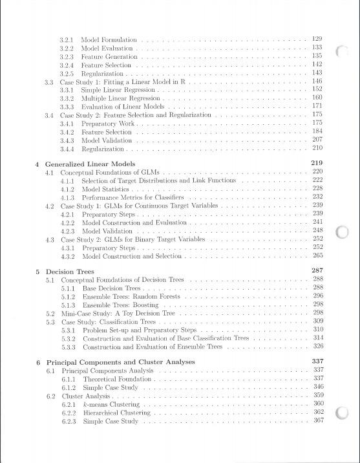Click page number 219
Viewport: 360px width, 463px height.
[316, 162]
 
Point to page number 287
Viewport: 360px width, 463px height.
[316, 270]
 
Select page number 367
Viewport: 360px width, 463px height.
[317, 420]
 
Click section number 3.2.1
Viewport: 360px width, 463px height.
[66, 40]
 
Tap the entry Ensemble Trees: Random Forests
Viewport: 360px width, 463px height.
[131, 296]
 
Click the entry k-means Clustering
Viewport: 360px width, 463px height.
[112, 404]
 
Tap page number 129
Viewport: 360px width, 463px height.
[317, 39]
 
